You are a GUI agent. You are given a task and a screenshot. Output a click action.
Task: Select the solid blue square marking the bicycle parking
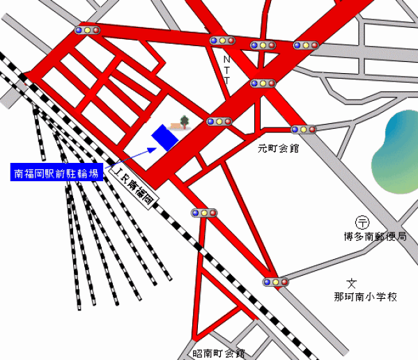pyautogui.click(x=166, y=136)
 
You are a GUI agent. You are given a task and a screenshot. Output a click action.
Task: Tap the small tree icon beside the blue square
pyautogui.click(x=185, y=122)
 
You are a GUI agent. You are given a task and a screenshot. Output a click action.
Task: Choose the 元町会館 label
pyautogui.click(x=278, y=148)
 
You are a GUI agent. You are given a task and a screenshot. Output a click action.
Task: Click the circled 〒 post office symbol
pyautogui.click(x=362, y=222)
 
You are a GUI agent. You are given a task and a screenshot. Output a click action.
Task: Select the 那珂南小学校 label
pyautogui.click(x=365, y=297)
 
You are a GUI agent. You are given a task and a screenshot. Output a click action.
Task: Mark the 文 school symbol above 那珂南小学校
pyautogui.click(x=352, y=283)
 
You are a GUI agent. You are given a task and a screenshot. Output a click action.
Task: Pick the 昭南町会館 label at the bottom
pyautogui.click(x=219, y=354)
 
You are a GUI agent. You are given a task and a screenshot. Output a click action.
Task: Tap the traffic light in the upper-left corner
pyautogui.click(x=87, y=30)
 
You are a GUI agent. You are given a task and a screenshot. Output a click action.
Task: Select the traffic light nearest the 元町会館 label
pyautogui.click(x=303, y=129)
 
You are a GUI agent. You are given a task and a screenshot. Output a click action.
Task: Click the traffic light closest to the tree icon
pyautogui.click(x=219, y=121)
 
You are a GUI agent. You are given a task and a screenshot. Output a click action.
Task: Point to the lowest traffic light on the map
pyautogui.click(x=276, y=282)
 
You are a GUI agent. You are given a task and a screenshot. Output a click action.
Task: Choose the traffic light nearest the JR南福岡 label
pyautogui.click(x=204, y=212)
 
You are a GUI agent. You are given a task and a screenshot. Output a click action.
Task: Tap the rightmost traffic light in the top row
pyautogui.click(x=306, y=45)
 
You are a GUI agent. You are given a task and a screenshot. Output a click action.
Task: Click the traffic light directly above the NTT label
pyautogui.click(x=223, y=40)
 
